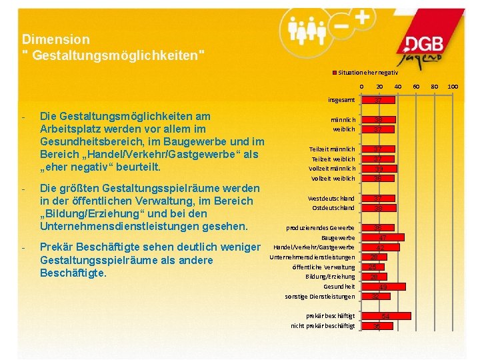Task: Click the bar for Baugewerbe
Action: (383, 237)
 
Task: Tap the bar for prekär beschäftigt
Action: (386, 316)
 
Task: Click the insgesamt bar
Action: (378, 100)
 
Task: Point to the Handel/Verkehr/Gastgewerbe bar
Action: (381, 247)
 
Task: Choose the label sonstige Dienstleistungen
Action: (320, 296)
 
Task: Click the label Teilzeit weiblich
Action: (333, 159)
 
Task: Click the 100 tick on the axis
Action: (453, 87)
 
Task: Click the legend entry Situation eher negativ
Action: (367, 71)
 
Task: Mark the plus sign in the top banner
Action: (361, 19)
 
